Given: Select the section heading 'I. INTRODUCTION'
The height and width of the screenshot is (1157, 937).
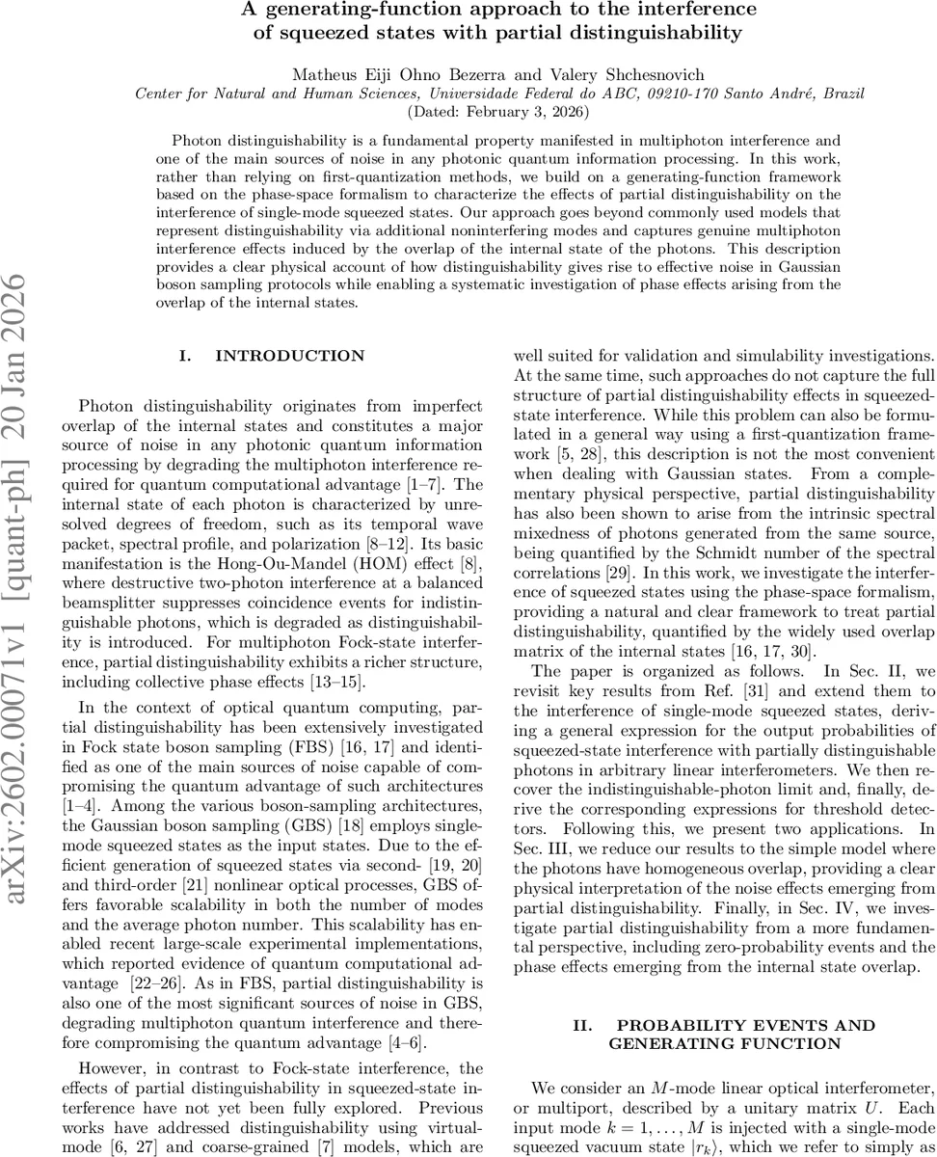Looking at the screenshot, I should coord(273,356).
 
